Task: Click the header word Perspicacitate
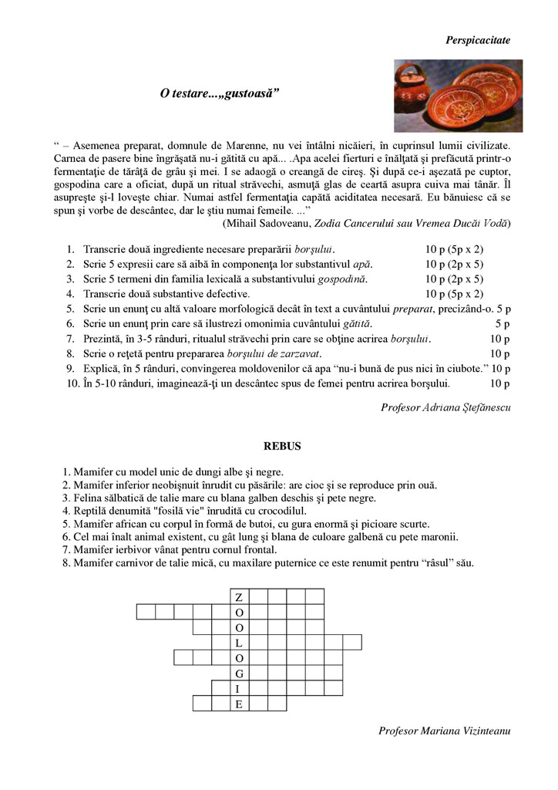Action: [478, 39]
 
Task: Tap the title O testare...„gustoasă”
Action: [219, 93]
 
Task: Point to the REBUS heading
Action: [282, 446]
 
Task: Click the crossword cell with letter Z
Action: [239, 597]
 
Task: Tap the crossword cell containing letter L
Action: [239, 643]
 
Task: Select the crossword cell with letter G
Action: [239, 674]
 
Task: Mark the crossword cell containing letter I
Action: [239, 688]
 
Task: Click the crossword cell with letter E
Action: [239, 704]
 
